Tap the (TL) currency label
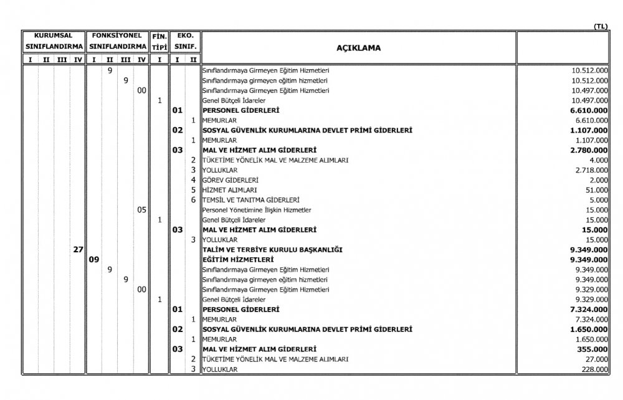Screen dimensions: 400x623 pyautogui.click(x=601, y=26)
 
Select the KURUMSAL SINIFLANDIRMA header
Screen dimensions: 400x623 pyautogui.click(x=53, y=42)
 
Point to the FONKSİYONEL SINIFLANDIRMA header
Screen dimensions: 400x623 pyautogui.click(x=117, y=42)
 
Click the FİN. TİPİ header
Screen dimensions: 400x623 pyautogui.click(x=159, y=42)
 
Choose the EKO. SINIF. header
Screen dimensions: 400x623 pyautogui.click(x=185, y=42)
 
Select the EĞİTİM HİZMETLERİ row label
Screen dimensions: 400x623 pyautogui.click(x=239, y=259)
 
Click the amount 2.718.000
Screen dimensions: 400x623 pyautogui.click(x=589, y=169)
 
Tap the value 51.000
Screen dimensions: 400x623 pyautogui.click(x=596, y=189)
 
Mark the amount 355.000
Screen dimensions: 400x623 pyautogui.click(x=592, y=349)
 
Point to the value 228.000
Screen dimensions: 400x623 pyautogui.click(x=593, y=369)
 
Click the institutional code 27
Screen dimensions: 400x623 pyautogui.click(x=78, y=249)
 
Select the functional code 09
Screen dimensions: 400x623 pyautogui.click(x=93, y=259)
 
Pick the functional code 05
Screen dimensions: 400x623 pyautogui.click(x=141, y=210)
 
